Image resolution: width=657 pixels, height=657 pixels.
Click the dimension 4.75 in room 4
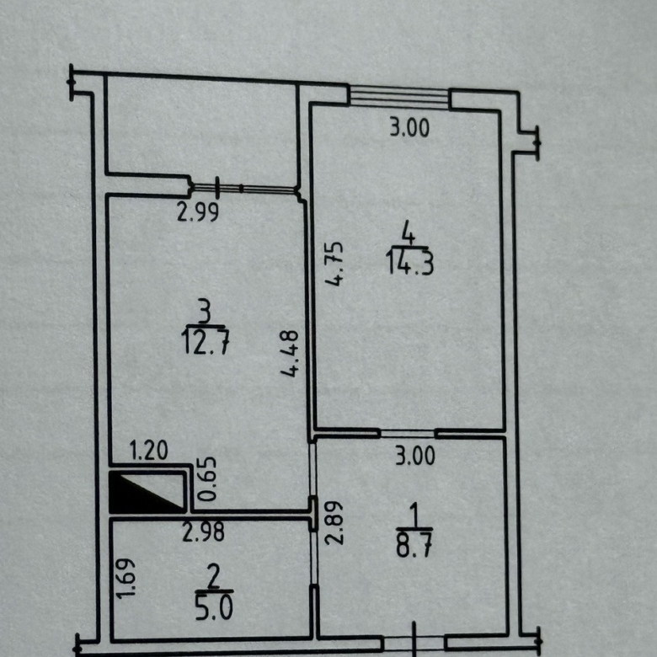pyautogui.click(x=334, y=264)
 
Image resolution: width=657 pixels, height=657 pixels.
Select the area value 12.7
pyautogui.click(x=206, y=341)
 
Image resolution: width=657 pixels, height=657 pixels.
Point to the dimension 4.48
pyautogui.click(x=290, y=354)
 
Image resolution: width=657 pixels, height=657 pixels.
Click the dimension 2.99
pyautogui.click(x=197, y=212)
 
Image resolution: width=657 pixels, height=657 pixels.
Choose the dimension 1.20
pyautogui.click(x=149, y=451)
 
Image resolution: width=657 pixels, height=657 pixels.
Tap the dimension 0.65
pyautogui.click(x=208, y=479)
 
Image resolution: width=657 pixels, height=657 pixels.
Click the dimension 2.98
pyautogui.click(x=203, y=531)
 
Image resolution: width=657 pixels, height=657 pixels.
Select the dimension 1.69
pyautogui.click(x=126, y=578)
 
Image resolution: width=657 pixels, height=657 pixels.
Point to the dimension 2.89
pyautogui.click(x=334, y=522)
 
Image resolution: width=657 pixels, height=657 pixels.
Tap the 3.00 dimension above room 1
pyautogui.click(x=415, y=456)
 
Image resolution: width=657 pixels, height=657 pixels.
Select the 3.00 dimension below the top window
pyautogui.click(x=409, y=127)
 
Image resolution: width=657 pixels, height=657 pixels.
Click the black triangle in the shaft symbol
pyautogui.click(x=138, y=497)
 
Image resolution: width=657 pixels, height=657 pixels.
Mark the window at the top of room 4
pyautogui.click(x=399, y=97)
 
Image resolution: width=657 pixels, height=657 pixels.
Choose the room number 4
pyautogui.click(x=409, y=233)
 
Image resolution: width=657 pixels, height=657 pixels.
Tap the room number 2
pyautogui.click(x=213, y=577)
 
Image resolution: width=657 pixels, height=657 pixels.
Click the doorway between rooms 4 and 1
pyautogui.click(x=408, y=434)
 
